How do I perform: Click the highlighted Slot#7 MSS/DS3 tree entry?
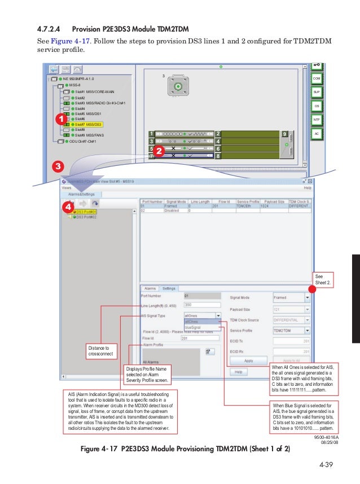(88, 124)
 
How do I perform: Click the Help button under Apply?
(238, 372)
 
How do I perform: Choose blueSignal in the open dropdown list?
(194, 327)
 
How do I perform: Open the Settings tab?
(169, 288)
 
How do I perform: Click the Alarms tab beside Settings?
(150, 288)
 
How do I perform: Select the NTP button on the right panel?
(317, 120)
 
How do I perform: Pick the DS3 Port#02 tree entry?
(86, 217)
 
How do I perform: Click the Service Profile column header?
(249, 201)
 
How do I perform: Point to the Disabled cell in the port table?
(172, 210)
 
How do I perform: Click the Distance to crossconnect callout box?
(101, 351)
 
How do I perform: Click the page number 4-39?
(326, 465)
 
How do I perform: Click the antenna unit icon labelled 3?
(178, 86)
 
